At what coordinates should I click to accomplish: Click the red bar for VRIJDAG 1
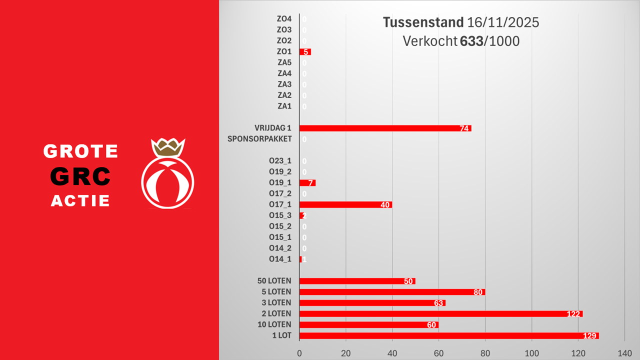[x=385, y=128]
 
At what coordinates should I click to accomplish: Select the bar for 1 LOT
[x=448, y=335]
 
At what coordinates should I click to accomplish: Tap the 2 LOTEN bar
[x=440, y=313]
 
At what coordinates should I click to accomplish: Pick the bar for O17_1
[x=345, y=204]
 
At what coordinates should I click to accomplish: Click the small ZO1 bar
[x=305, y=51]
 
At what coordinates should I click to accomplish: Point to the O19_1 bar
[x=307, y=182]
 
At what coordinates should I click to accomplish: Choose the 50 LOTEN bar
[x=357, y=281]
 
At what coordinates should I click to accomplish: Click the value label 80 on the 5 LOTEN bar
[x=478, y=292]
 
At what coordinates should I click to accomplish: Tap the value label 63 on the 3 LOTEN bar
[x=438, y=303]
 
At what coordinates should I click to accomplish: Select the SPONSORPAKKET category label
[x=259, y=138]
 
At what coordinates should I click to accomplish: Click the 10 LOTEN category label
[x=273, y=324]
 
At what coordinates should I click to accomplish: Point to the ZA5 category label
[x=284, y=62]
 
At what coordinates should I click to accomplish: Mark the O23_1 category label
[x=280, y=160]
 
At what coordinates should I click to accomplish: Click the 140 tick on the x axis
[x=624, y=353]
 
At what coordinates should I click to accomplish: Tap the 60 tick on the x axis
[x=438, y=353]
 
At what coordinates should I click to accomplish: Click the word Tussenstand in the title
[x=423, y=23]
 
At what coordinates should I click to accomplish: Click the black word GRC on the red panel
[x=81, y=175]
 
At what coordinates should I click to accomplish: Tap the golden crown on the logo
[x=167, y=147]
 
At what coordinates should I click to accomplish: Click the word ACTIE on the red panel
[x=80, y=201]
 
